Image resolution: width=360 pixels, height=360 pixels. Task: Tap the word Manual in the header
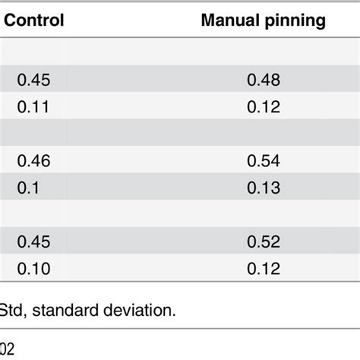click(227, 21)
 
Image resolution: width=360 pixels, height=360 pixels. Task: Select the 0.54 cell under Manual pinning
click(264, 160)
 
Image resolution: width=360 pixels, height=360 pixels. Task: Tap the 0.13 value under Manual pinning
click(264, 187)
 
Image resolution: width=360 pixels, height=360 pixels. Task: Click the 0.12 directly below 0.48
click(264, 107)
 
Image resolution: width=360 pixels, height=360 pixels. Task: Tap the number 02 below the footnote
click(8, 349)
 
